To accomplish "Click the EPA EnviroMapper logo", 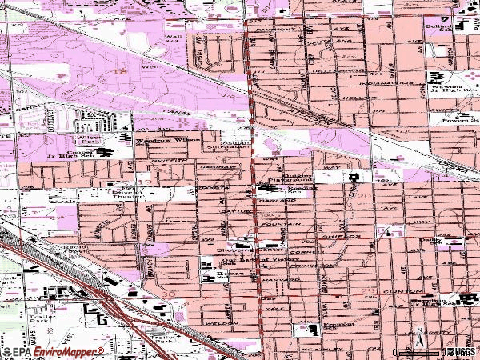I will coord(53,352).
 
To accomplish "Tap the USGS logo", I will coord(462,352).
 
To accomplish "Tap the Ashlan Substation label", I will coord(235,142).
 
